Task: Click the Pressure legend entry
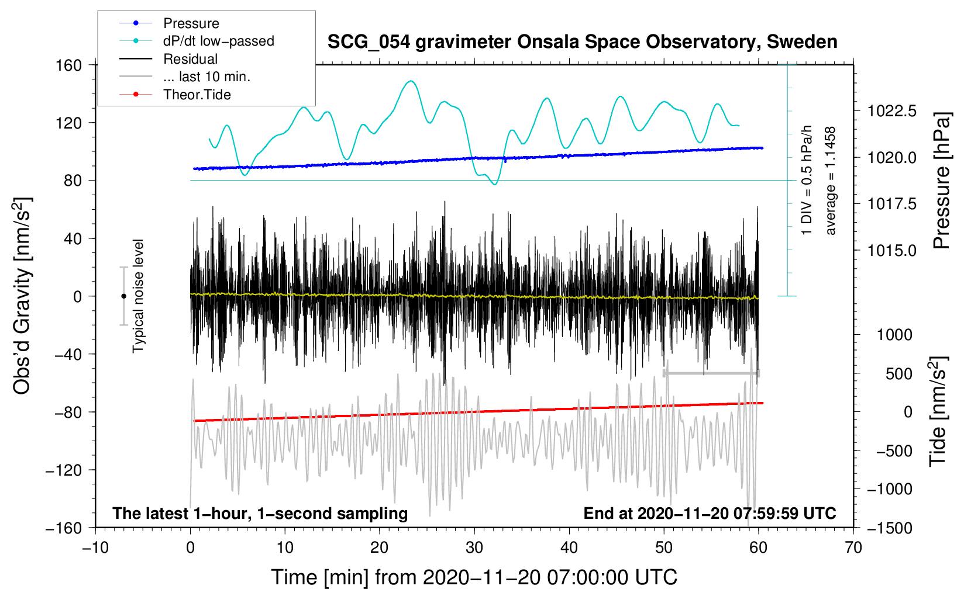pyautogui.click(x=191, y=23)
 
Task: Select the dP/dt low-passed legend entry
pyautogui.click(x=218, y=41)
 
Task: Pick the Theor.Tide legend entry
pyautogui.click(x=197, y=95)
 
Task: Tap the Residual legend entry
pyautogui.click(x=190, y=59)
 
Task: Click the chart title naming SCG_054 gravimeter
pyautogui.click(x=582, y=42)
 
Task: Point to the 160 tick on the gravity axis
pyautogui.click(x=69, y=65)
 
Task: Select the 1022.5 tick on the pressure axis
pyautogui.click(x=892, y=111)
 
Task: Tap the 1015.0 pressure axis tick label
pyautogui.click(x=892, y=251)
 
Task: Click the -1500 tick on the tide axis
pyautogui.click(x=890, y=528)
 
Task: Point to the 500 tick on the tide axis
pyautogui.click(x=898, y=374)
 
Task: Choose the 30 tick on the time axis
pyautogui.click(x=474, y=548)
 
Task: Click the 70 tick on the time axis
pyautogui.click(x=853, y=548)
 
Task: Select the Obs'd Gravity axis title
pyautogui.click(x=22, y=296)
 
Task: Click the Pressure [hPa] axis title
pyautogui.click(x=941, y=181)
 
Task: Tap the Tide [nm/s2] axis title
pyautogui.click(x=938, y=412)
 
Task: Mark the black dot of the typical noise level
pyautogui.click(x=123, y=296)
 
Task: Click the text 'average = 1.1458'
pyautogui.click(x=831, y=181)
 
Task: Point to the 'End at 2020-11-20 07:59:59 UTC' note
pyautogui.click(x=710, y=514)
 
